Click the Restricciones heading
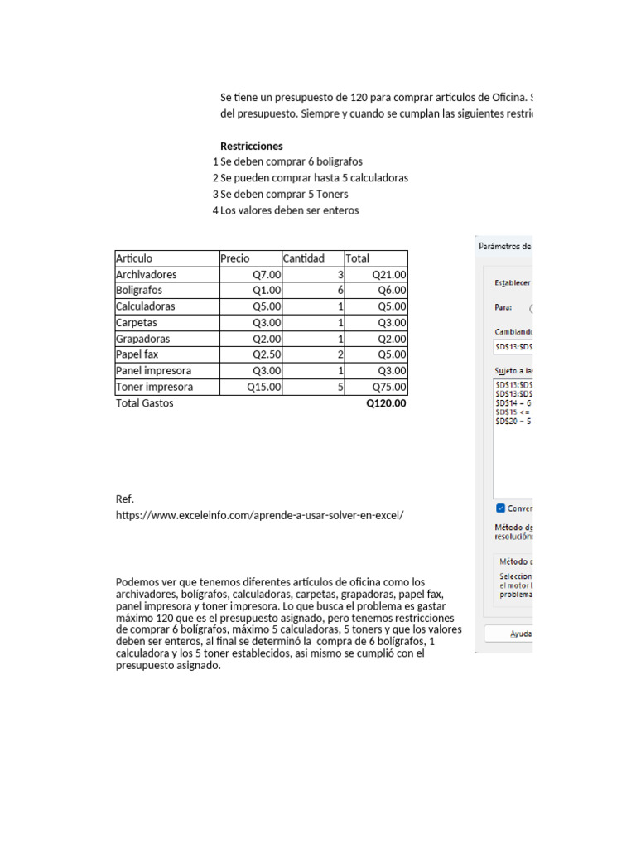coord(251,146)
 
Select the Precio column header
coord(234,258)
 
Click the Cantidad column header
coord(304,258)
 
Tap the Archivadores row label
coord(147,274)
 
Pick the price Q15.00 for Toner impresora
coord(264,387)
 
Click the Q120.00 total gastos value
coord(386,403)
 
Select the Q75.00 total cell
coord(388,387)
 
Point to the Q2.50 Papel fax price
coord(267,354)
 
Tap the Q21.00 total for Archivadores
coord(388,274)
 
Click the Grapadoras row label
coord(144,339)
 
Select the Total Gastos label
coord(145,403)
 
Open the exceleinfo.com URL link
coord(259,515)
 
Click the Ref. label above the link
coord(124,499)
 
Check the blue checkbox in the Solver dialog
coord(500,508)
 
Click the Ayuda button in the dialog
coord(518,634)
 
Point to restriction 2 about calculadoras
coord(314,178)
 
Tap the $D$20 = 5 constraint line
coord(513,421)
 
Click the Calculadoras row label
coord(145,306)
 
